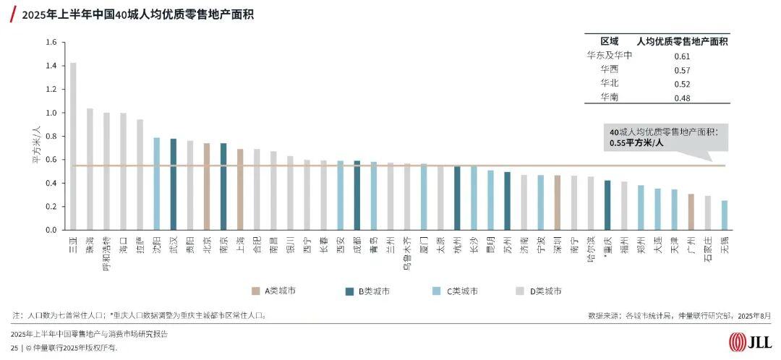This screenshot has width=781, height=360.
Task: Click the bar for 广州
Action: tap(691, 212)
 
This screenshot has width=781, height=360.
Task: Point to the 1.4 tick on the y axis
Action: tap(51, 66)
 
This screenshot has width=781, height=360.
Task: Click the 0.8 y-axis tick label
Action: tap(51, 136)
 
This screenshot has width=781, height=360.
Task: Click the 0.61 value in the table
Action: tap(682, 56)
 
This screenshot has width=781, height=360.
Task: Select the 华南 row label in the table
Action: tap(609, 97)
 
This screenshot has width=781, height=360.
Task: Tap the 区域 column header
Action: tap(609, 41)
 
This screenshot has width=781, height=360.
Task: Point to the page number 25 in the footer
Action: tap(14, 348)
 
